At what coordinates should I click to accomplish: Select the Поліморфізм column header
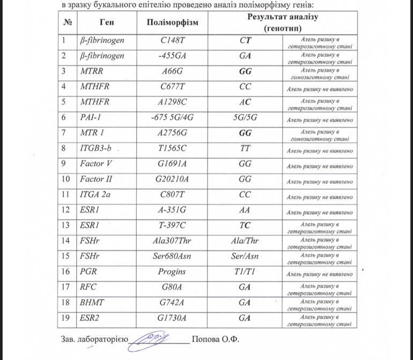click(172, 23)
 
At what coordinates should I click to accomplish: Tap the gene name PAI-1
click(91, 116)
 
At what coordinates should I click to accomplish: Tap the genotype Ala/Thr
click(245, 240)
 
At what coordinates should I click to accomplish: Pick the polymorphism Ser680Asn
click(172, 256)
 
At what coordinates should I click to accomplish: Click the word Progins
click(172, 271)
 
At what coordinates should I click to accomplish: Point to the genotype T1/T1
click(245, 271)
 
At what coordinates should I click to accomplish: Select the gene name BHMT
click(92, 302)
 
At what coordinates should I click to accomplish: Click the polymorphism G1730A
click(172, 318)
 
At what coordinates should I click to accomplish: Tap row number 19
click(67, 318)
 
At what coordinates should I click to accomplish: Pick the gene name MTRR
click(92, 70)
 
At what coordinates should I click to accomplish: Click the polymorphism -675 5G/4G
click(172, 116)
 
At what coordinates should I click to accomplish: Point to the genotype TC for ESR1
click(245, 225)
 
